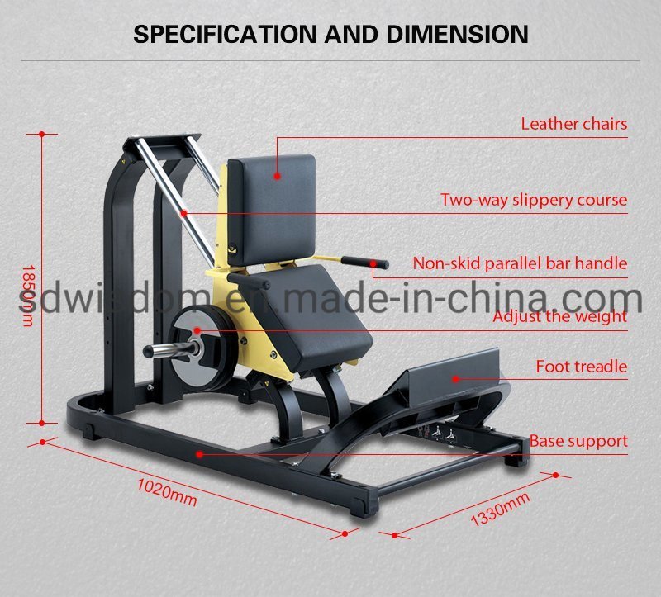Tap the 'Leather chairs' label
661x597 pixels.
[573, 125]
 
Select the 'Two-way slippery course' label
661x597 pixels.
[533, 200]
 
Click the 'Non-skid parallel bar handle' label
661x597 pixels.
[520, 264]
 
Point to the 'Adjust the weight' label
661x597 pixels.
[559, 316]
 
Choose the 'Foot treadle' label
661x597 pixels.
[581, 366]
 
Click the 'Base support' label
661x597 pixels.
[578, 441]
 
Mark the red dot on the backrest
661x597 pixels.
[278, 175]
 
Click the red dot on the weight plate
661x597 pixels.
[197, 330]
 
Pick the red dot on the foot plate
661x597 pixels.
[454, 378]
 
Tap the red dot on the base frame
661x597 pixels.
[199, 453]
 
